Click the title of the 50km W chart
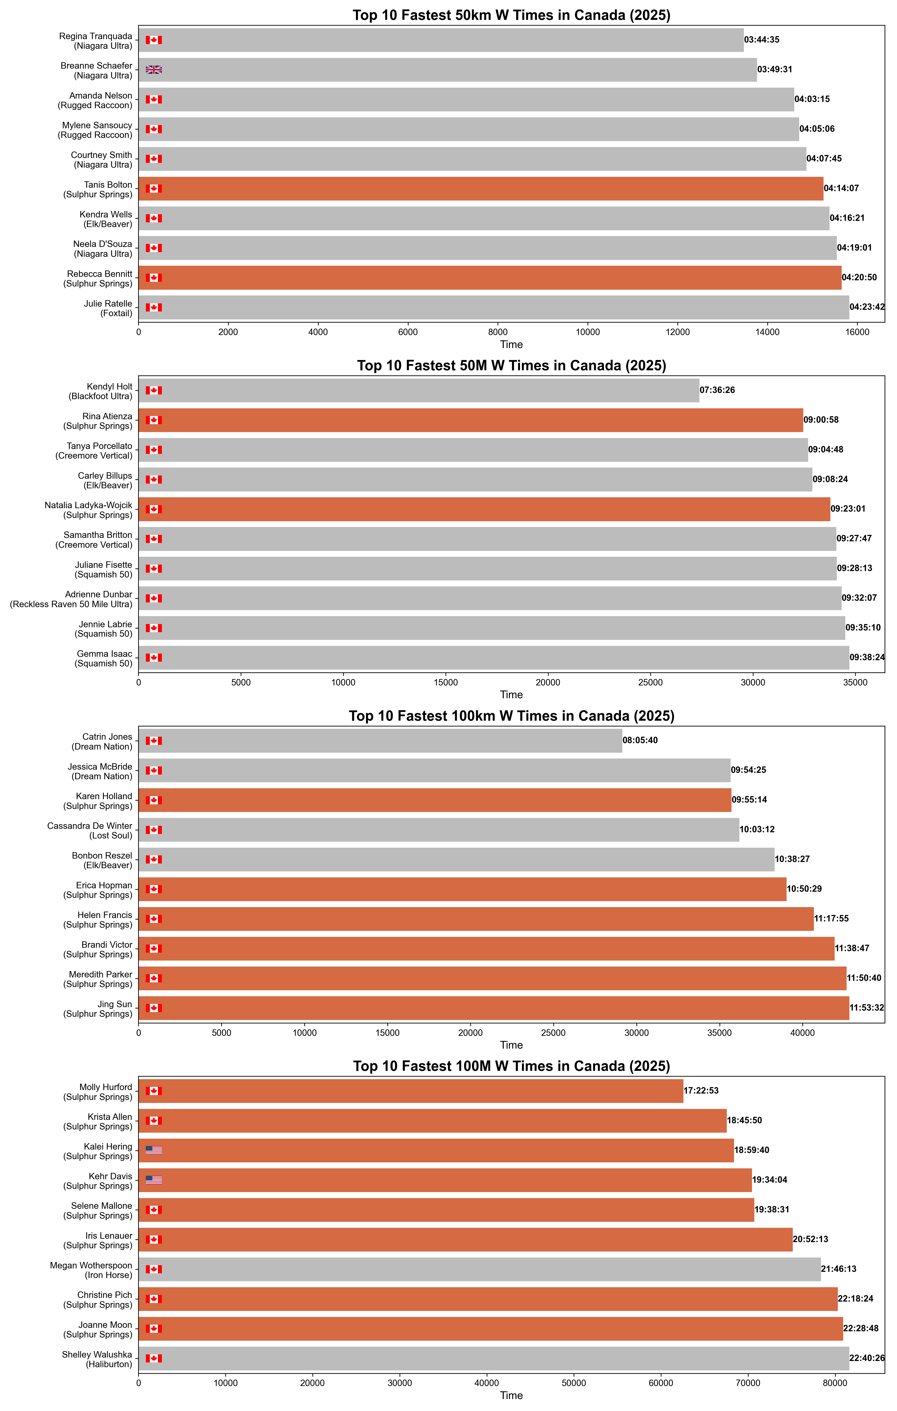pos(511,15)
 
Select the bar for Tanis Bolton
pos(480,189)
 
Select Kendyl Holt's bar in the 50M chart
pos(419,390)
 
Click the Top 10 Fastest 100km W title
pos(511,716)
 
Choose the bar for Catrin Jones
pos(381,741)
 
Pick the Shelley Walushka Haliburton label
pos(97,1359)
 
